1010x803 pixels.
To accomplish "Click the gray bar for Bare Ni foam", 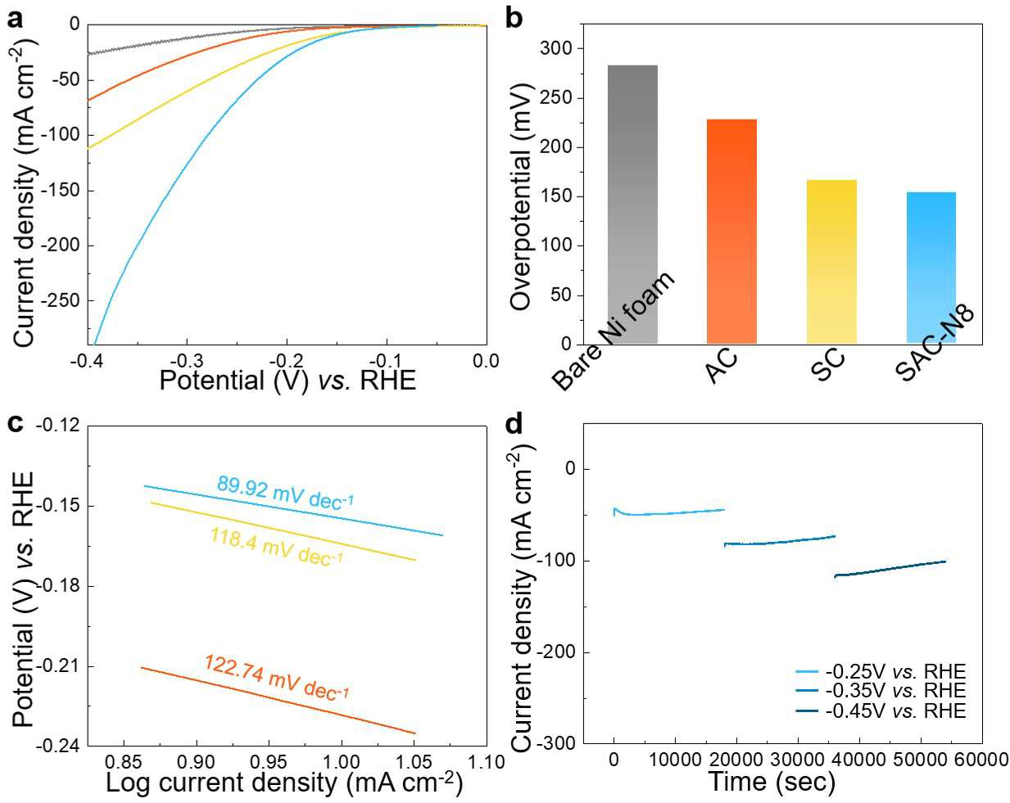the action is pos(632,205).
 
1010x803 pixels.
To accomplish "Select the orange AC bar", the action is pos(731,231).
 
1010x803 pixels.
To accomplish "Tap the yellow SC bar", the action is pos(831,262).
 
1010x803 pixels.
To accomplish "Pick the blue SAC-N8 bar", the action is pos(931,268).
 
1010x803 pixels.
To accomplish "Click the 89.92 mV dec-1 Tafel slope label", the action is pos(285,494).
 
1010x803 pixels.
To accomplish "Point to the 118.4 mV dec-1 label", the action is pos(277,547).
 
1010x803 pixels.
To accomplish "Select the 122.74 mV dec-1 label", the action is pos(277,678).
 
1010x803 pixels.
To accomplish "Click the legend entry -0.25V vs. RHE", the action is pos(881,672).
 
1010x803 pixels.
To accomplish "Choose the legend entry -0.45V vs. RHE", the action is pos(881,711).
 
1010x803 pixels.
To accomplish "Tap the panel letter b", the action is pos(514,20).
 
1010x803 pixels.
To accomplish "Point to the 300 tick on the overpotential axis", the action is pos(555,48).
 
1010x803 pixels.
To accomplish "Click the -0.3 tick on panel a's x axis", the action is pos(186,361).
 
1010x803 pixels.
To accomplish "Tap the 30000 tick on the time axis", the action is pos(798,760).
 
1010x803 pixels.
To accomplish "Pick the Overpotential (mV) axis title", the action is pos(520,197).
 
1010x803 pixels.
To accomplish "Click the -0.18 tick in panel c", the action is pos(60,586).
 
